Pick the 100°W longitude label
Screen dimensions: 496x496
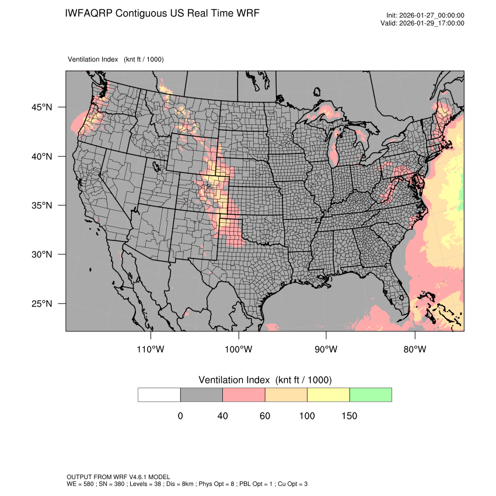pos(238,350)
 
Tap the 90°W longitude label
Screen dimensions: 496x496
pos(326,350)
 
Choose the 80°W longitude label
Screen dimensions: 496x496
pos(414,350)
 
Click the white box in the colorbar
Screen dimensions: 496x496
pos(159,394)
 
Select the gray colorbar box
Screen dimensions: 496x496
pos(201,394)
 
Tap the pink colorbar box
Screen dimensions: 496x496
pos(244,394)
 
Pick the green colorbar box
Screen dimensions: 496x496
pos(371,394)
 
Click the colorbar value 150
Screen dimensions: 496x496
pos(349,416)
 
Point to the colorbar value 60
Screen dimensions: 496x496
pos(265,416)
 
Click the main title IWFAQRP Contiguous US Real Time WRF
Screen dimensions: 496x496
pos(163,13)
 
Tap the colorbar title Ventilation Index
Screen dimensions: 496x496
pos(265,380)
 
